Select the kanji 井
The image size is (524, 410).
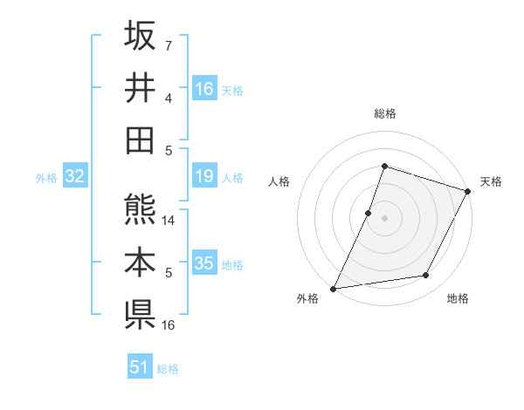pos(140,87)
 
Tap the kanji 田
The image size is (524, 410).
pos(140,140)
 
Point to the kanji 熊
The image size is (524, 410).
pos(140,209)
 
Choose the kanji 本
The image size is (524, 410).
pos(140,262)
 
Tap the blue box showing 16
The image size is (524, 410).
pos(204,88)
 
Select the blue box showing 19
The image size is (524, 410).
pos(204,177)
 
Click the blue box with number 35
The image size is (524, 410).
pos(204,263)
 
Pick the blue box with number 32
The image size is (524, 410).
pos(75,177)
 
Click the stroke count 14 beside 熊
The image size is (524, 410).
pos(169,221)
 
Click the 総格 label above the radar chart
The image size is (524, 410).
pos(384,113)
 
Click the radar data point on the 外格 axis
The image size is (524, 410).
pos(333,288)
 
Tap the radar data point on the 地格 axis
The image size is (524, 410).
pos(426,276)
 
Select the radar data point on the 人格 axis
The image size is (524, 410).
pos(369,213)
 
